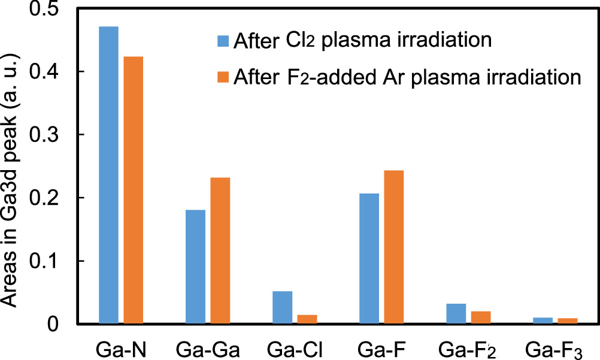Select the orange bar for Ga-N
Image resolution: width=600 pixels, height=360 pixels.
coord(133,190)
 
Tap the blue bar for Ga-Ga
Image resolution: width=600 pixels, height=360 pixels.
coord(195,267)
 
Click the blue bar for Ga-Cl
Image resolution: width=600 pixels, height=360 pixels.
coord(282,307)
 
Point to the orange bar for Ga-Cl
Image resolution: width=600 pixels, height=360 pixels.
coord(307,319)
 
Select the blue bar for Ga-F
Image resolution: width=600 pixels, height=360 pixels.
coord(369,258)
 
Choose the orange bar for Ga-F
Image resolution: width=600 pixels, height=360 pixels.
coord(393,247)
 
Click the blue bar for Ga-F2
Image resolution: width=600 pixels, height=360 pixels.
coord(456,314)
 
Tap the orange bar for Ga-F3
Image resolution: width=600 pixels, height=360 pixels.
coord(567,321)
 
